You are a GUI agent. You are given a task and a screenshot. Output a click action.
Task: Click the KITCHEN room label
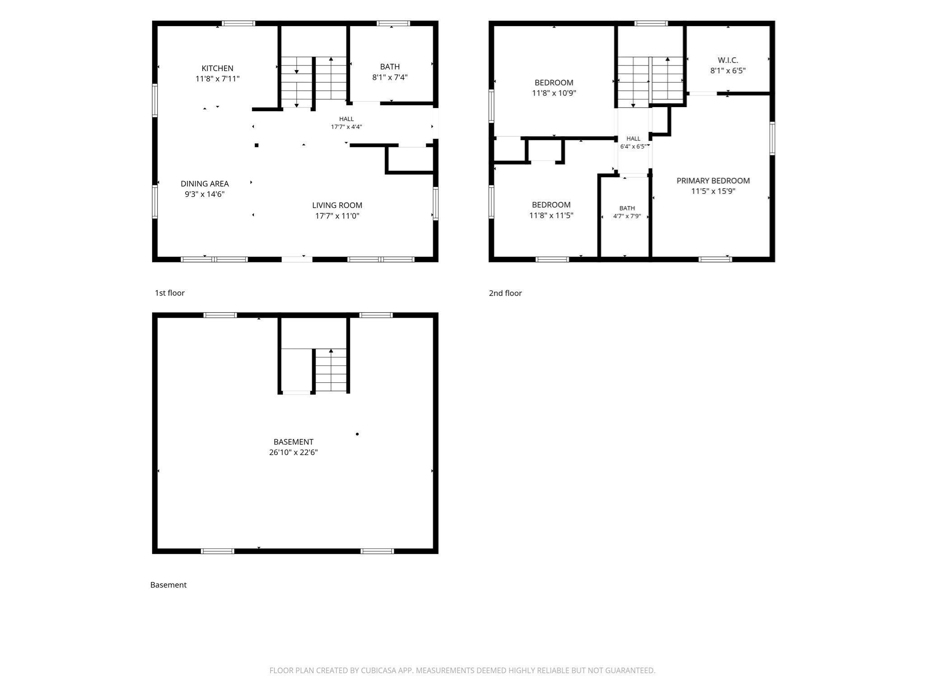coord(217,68)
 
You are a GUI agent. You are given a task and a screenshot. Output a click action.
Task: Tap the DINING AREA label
coord(205,183)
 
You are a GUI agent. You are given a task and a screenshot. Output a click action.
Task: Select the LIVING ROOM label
coord(337,205)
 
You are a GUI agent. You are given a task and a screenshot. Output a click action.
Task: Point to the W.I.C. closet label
coord(728,60)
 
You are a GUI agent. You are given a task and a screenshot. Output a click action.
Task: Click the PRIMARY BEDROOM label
coord(713,181)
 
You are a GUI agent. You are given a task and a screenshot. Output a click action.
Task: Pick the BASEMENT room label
coord(294,442)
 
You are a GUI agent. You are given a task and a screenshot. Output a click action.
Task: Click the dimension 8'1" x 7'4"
coord(390,77)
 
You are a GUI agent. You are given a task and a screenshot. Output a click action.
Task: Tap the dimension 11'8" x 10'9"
coord(554,93)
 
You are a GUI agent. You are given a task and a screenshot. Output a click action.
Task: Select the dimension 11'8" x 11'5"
coord(551,216)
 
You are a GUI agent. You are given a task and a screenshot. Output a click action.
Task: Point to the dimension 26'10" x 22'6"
coord(294,452)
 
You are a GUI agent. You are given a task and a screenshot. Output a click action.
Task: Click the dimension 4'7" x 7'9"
coord(627,216)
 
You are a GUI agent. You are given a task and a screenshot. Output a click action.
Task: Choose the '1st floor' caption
coord(170,293)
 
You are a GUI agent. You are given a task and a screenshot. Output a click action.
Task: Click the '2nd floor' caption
coord(505,293)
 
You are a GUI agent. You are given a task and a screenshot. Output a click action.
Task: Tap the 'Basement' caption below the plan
coord(168,585)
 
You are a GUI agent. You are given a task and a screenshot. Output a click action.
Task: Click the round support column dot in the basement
coord(357,434)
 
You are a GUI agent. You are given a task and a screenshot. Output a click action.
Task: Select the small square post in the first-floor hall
coord(257,145)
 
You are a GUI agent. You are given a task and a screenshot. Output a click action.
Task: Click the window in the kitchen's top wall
coord(238,23)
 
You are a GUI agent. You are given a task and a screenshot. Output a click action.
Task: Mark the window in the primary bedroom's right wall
coord(772,138)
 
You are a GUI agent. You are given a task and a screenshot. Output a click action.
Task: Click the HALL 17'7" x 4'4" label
coord(346,123)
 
